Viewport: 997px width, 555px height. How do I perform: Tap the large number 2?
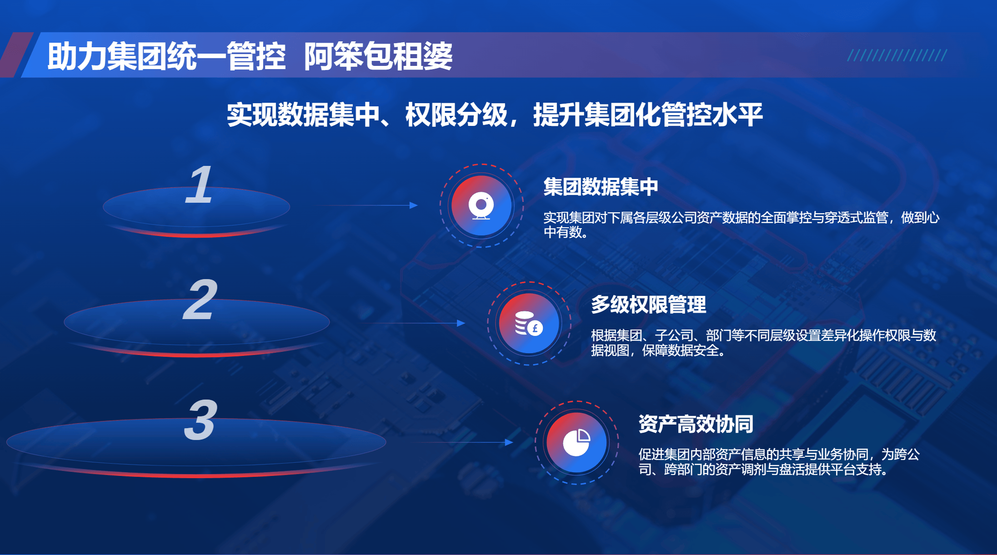(x=200, y=300)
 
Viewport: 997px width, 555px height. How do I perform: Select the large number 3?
(x=200, y=420)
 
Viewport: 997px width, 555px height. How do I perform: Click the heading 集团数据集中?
(x=601, y=187)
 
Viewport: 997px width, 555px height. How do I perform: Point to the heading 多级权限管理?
(x=648, y=305)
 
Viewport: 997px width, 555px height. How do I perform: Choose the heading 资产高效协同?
(x=696, y=424)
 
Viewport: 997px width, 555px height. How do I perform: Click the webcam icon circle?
(x=481, y=205)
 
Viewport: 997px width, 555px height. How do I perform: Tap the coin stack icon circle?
(x=529, y=323)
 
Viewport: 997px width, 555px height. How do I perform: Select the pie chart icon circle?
(x=577, y=442)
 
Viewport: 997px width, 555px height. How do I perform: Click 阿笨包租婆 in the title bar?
(x=378, y=56)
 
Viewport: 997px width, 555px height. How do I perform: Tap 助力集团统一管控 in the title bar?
(x=166, y=56)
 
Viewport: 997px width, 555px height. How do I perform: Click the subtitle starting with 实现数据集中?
(x=495, y=115)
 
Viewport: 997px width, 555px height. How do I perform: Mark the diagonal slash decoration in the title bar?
(x=897, y=55)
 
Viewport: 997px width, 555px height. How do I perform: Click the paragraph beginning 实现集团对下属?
(x=741, y=225)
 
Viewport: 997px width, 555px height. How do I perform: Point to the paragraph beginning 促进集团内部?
(x=779, y=462)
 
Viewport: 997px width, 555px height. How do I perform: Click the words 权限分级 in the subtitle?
(x=456, y=115)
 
